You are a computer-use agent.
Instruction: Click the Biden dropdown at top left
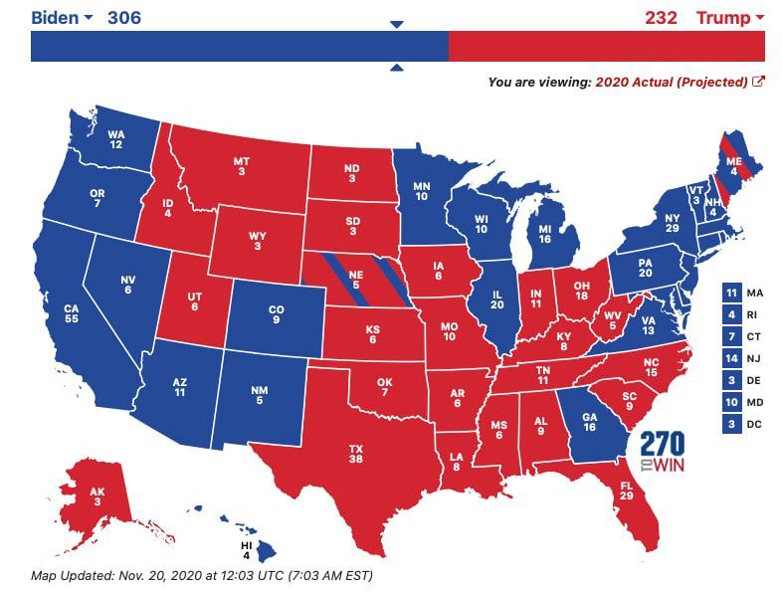(x=62, y=18)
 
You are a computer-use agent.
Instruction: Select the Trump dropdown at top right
(x=729, y=18)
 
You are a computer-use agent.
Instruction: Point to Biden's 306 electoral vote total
(x=123, y=18)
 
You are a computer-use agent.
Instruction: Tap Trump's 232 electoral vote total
(x=661, y=18)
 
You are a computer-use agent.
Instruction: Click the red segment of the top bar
(x=606, y=47)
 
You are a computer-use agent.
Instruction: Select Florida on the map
(x=627, y=492)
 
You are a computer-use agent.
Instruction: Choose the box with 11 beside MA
(x=732, y=293)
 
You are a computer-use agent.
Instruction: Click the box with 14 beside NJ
(x=732, y=358)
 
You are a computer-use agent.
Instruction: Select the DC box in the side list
(x=732, y=424)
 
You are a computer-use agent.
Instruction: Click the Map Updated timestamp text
(x=201, y=575)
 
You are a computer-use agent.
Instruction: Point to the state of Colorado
(x=276, y=315)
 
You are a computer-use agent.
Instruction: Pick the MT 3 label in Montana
(x=241, y=166)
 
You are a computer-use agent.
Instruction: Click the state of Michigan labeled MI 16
(x=544, y=233)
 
